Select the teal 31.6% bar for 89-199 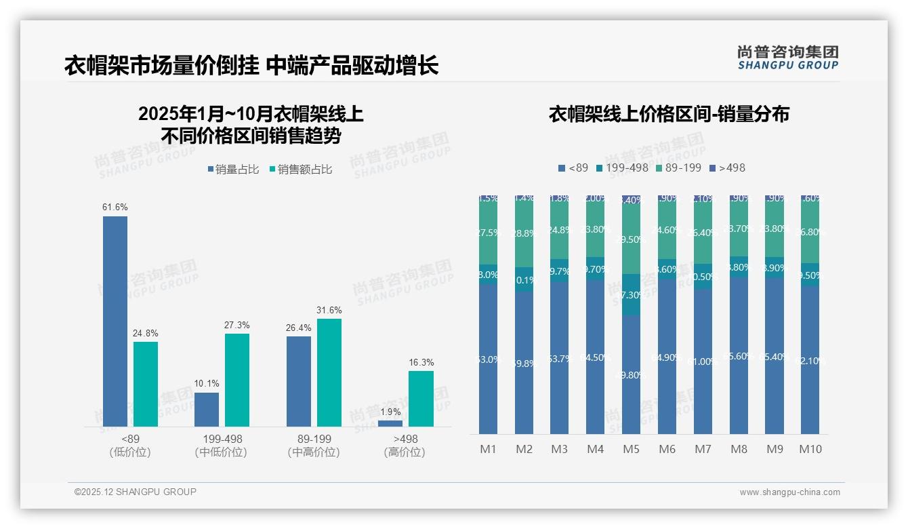329,372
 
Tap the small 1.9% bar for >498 390,423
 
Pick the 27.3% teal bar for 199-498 237,380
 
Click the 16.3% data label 421,363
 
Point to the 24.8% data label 146,334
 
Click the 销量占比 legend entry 234,170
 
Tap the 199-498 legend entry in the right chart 622,168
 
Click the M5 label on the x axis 631,449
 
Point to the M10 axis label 810,449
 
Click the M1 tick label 488,449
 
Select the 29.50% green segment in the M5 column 631,239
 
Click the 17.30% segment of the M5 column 631,294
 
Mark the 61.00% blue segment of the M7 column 703,361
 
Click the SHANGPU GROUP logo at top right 788,58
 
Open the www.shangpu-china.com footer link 789,492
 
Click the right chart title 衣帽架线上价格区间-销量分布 669,115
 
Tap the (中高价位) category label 314,452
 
